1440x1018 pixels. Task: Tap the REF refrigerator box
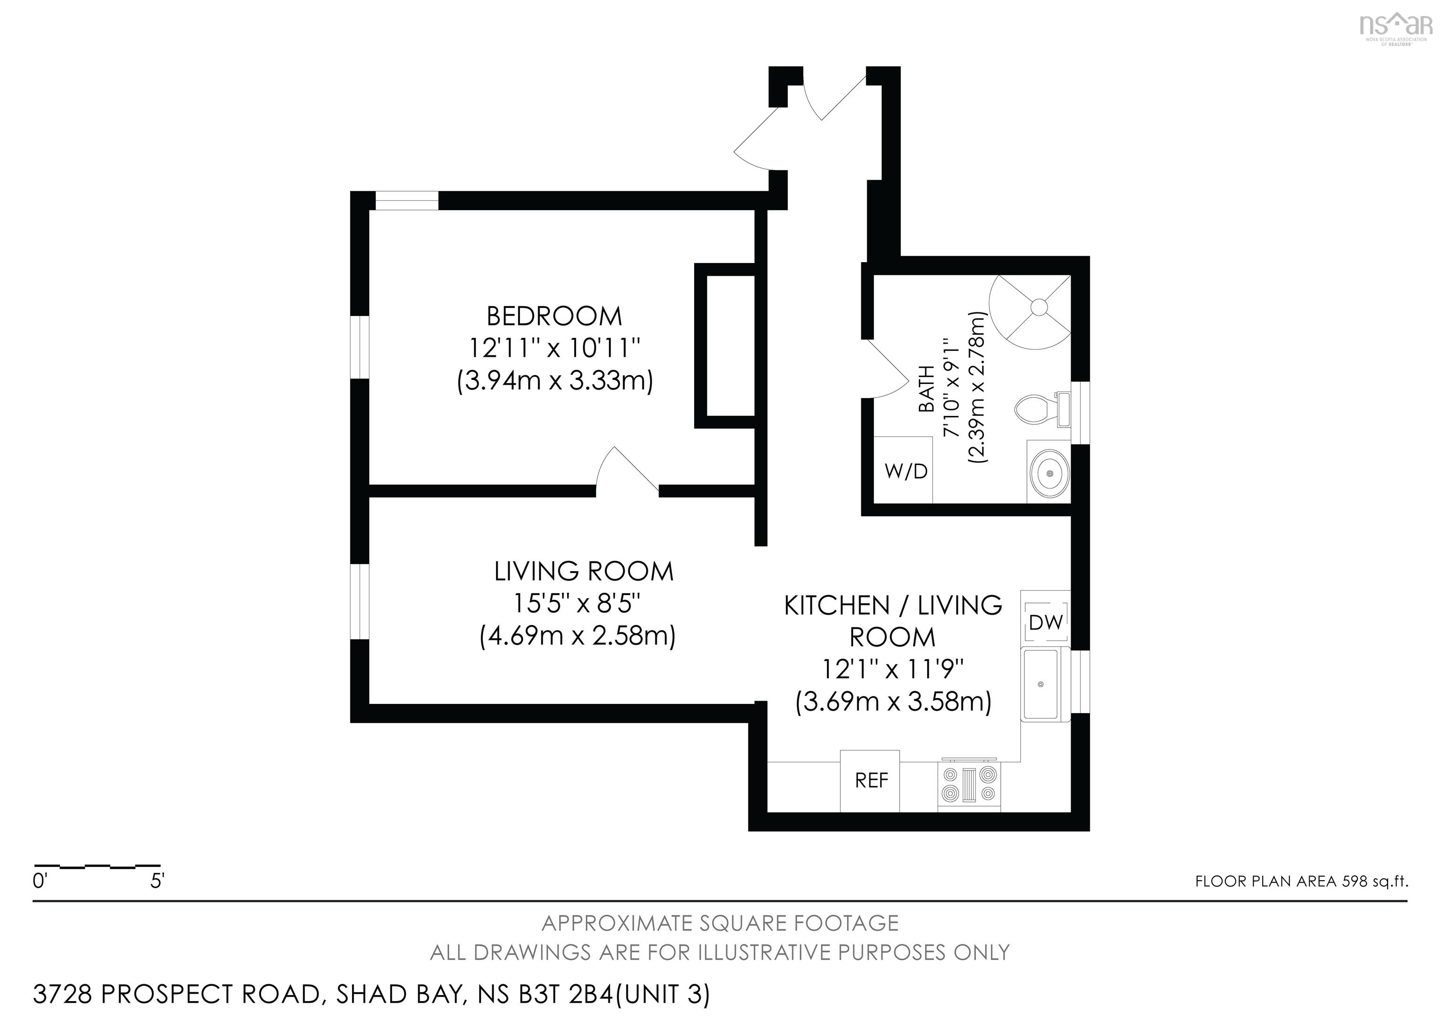point(870,780)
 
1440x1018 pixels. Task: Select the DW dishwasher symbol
point(1045,622)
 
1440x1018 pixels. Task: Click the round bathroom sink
point(1049,474)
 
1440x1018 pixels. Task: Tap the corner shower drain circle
point(1039,307)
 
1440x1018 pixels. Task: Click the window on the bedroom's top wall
point(406,201)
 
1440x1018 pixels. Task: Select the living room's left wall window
point(360,601)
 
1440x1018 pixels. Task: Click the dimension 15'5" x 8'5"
point(577,603)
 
